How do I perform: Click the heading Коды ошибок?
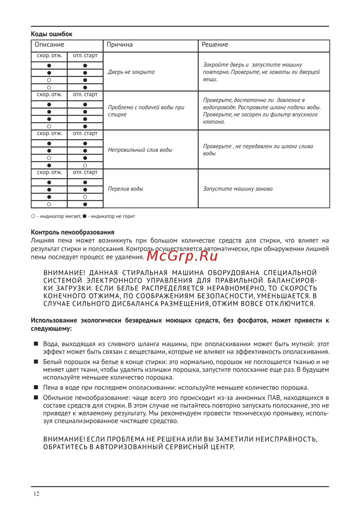(51, 34)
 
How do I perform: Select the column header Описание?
(49, 45)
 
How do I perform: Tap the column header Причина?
(120, 45)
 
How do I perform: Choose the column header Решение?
(215, 45)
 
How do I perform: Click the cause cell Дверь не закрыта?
(131, 72)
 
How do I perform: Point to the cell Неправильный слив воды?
(140, 150)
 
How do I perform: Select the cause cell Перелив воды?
(126, 189)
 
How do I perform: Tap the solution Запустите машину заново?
(238, 189)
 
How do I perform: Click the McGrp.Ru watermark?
(182, 256)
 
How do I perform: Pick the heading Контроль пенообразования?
(72, 232)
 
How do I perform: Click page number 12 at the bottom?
(36, 494)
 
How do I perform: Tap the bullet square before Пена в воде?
(36, 387)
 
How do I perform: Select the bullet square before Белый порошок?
(36, 362)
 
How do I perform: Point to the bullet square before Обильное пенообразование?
(36, 397)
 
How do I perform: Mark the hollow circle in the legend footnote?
(33, 216)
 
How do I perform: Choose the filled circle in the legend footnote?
(85, 216)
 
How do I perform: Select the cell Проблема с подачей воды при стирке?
(146, 111)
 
